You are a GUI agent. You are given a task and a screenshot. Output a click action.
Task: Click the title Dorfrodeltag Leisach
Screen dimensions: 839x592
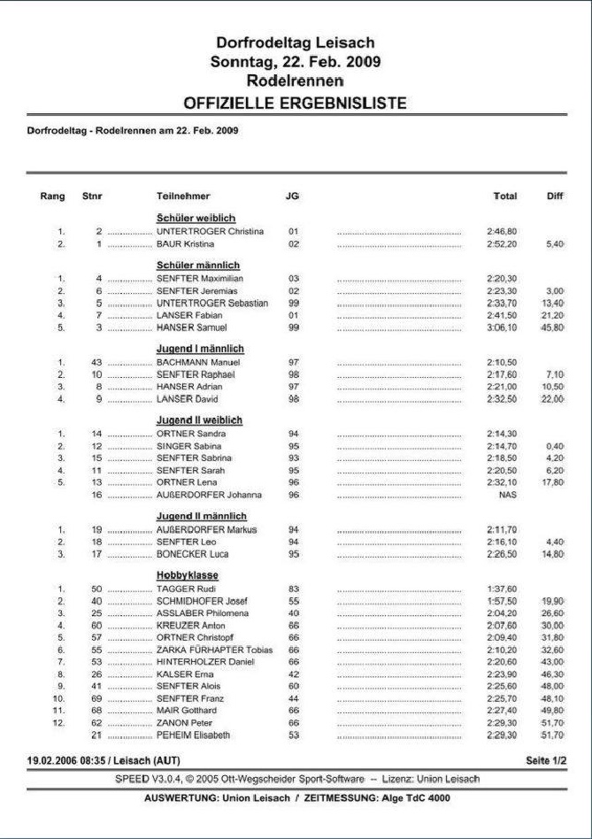[x=296, y=42]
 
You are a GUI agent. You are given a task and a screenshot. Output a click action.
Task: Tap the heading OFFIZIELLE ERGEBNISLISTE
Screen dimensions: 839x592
[x=296, y=103]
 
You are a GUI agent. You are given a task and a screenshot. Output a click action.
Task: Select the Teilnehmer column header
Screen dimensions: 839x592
[x=183, y=196]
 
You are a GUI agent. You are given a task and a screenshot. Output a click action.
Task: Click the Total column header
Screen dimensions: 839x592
[x=504, y=196]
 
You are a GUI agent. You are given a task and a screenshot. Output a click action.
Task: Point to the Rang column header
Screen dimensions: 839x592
[x=52, y=196]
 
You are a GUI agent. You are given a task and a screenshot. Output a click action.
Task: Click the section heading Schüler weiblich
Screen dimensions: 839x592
[x=196, y=218]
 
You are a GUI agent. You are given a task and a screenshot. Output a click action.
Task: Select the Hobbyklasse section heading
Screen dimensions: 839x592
[x=188, y=575]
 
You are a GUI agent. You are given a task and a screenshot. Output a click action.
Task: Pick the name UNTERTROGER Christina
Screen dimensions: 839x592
[x=210, y=231]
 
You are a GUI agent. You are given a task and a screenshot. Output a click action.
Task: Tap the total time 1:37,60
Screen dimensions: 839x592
[x=502, y=589]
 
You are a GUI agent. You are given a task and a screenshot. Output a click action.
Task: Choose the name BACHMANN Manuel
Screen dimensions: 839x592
[x=197, y=362]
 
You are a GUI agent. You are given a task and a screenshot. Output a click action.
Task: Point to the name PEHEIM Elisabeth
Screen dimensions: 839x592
[x=193, y=735]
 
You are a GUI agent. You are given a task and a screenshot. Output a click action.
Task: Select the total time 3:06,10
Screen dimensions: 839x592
[x=502, y=327]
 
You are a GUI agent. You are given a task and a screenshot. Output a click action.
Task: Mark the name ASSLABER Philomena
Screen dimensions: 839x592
[x=202, y=612]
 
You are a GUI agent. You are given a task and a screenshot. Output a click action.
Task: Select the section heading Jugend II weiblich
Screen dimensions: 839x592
[x=199, y=419]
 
